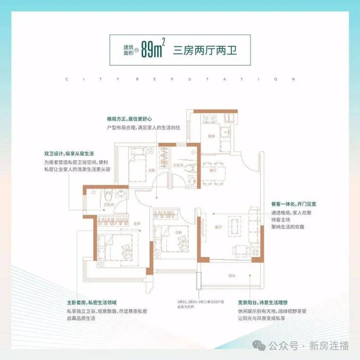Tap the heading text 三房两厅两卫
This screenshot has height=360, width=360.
(x=205, y=50)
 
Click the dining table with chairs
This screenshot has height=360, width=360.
(x=214, y=172)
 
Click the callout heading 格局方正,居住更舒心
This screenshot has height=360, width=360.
(x=130, y=118)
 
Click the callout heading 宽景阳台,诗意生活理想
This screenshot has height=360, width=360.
(x=266, y=302)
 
